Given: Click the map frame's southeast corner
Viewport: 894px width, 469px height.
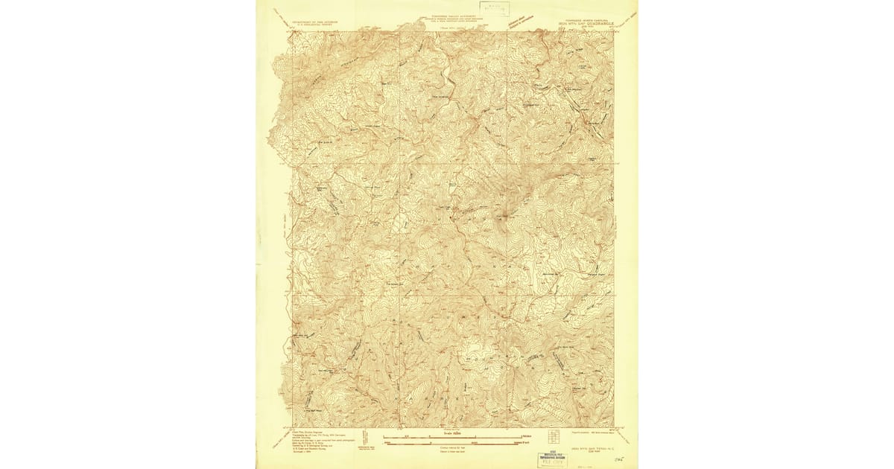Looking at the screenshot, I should tap(614, 428).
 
